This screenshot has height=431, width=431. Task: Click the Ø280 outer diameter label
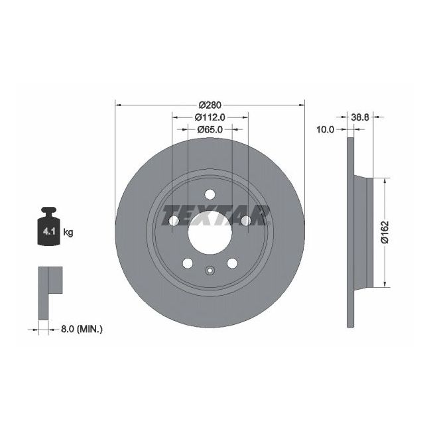click(x=210, y=104)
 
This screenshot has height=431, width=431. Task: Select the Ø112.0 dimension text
click(x=210, y=117)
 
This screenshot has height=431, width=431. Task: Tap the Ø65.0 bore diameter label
click(x=210, y=130)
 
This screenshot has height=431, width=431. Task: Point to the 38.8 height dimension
click(x=359, y=117)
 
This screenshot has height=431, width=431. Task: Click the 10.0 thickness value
click(x=324, y=130)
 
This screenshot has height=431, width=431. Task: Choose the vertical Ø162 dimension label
click(x=385, y=231)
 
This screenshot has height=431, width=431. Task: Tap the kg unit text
click(x=68, y=232)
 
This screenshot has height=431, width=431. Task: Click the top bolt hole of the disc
click(x=210, y=194)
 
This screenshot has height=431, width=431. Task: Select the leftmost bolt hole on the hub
click(x=173, y=221)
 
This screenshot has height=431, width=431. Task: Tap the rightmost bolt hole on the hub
click(x=246, y=220)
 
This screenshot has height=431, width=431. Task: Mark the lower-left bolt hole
click(x=187, y=263)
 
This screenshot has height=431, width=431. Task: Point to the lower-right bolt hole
click(x=232, y=263)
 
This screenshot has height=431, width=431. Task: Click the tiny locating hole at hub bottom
click(x=210, y=270)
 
